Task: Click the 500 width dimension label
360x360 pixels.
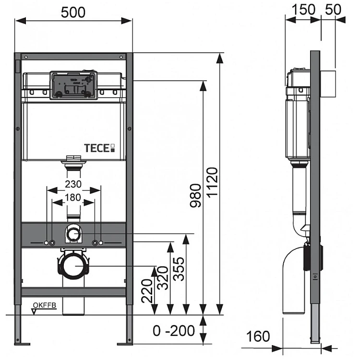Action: click(73, 12)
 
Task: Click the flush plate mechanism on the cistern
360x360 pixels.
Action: click(73, 85)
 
